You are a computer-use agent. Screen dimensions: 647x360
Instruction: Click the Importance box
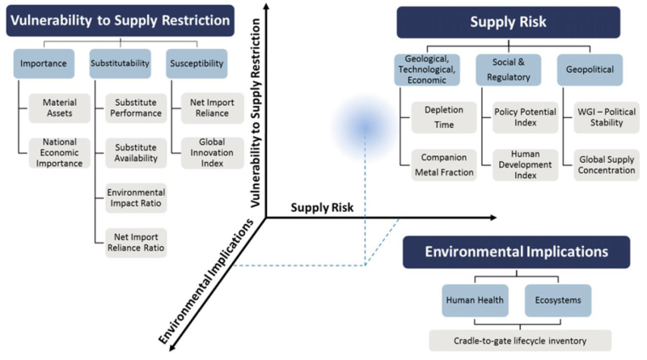coord(44,64)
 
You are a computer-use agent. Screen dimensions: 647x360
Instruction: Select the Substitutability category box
coord(120,64)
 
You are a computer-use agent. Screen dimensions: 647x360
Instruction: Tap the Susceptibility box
coord(197,64)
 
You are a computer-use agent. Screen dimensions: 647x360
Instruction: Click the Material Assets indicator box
coord(59,108)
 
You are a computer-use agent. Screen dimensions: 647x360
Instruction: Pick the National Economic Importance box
coord(59,153)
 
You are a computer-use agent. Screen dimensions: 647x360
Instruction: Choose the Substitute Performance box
coord(136,108)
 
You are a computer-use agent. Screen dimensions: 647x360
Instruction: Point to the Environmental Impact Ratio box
coord(136,197)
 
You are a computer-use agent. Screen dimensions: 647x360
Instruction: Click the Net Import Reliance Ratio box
coord(136,243)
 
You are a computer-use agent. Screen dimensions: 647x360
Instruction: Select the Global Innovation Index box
coord(212,153)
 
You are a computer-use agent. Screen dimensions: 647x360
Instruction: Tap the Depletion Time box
coord(444,117)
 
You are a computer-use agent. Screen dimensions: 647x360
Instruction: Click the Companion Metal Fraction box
coord(444,165)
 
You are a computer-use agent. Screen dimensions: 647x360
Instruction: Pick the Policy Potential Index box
coord(525,117)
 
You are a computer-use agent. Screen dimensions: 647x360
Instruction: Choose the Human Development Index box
coord(525,165)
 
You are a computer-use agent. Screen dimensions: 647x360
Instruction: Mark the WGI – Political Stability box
coord(607,117)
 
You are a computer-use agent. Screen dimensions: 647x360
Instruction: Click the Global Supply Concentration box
coord(607,165)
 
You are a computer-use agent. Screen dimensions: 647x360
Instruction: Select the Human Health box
coord(475,301)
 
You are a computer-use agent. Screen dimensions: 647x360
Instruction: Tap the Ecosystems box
coord(558,301)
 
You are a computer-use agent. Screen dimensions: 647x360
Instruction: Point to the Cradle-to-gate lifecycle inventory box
coord(520,341)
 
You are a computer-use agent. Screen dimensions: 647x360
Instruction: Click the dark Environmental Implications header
coord(517,252)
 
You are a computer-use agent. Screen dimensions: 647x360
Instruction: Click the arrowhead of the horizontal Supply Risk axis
coord(493,218)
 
